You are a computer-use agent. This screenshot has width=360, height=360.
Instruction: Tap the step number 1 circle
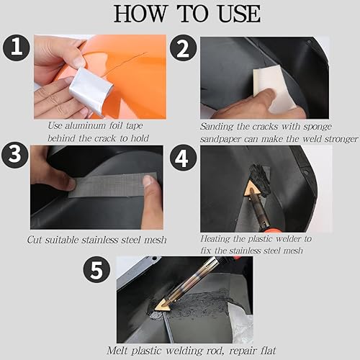point(15,48)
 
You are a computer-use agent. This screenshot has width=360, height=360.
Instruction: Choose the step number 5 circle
point(96,271)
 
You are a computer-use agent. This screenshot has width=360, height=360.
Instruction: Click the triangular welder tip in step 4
point(252,189)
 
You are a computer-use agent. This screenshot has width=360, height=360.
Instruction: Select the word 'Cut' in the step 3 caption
point(36,240)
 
